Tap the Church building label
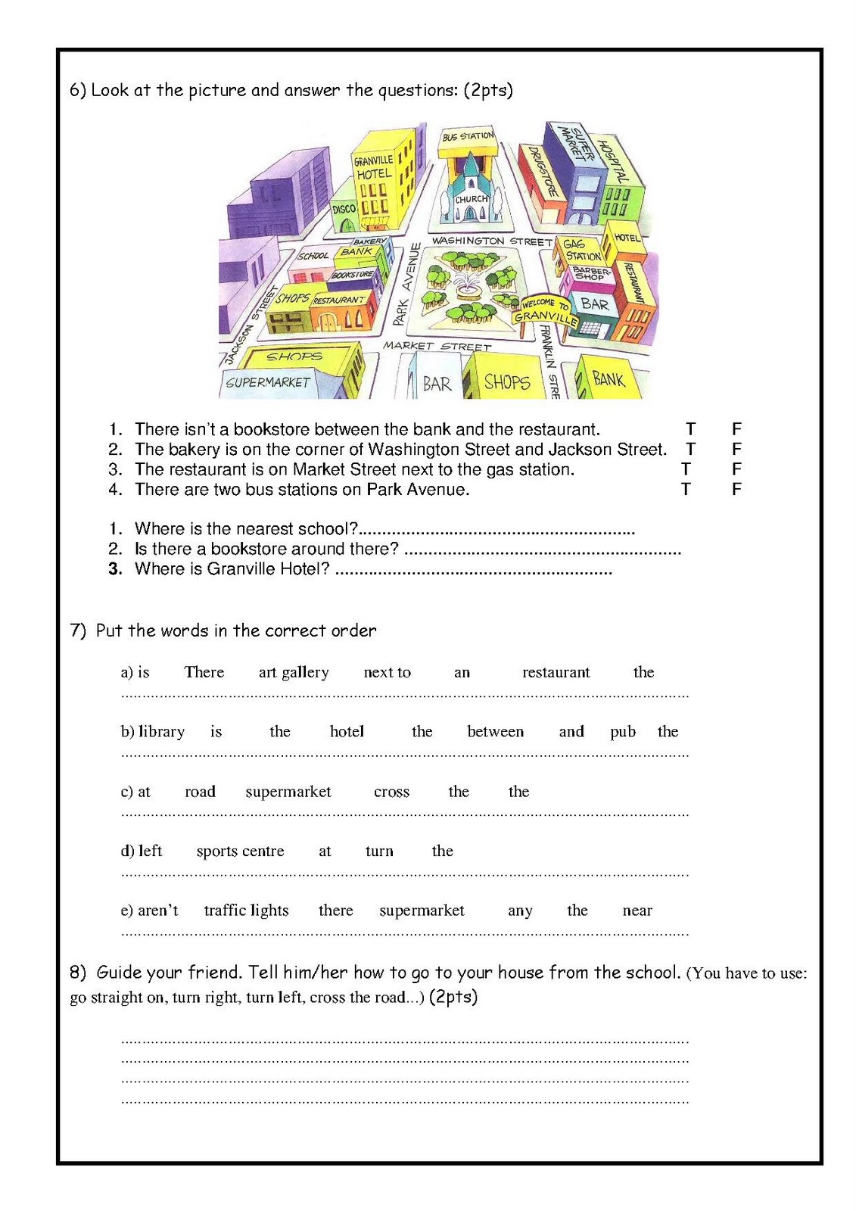point(471,199)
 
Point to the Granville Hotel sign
point(374,167)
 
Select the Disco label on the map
point(344,208)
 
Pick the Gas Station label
point(581,250)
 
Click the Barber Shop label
point(590,273)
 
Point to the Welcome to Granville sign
point(543,310)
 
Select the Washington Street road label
point(491,241)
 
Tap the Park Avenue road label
point(408,284)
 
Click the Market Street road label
point(437,346)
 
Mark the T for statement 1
point(690,430)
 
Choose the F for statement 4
point(736,490)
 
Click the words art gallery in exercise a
point(294,672)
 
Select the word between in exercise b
point(495,732)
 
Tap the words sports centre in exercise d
point(240,851)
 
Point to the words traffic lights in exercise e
point(246,911)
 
